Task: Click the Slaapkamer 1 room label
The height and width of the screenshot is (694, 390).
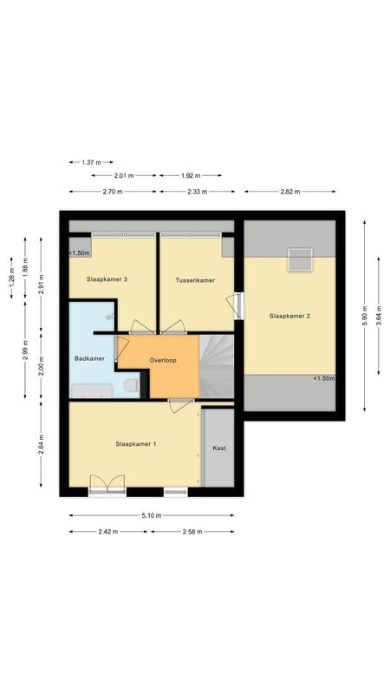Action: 135,443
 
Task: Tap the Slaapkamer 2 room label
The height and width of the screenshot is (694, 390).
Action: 289,316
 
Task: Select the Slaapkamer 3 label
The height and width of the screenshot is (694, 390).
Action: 107,279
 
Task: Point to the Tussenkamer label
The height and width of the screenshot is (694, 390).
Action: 195,280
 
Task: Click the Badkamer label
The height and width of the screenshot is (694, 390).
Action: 90,358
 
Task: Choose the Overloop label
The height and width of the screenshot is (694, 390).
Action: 163,360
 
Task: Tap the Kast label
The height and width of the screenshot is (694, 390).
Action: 219,448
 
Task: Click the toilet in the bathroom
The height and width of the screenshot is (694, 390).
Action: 132,385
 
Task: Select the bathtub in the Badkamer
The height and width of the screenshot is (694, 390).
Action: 93,391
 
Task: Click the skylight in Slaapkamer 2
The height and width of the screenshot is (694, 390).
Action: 300,259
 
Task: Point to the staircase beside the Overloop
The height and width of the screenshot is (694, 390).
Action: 217,366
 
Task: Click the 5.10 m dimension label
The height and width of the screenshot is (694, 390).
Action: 152,515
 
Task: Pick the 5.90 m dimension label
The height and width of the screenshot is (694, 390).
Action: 364,315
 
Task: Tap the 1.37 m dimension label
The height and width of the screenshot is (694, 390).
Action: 91,162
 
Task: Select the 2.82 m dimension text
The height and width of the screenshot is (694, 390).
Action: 290,192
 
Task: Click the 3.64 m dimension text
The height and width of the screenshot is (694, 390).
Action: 379,315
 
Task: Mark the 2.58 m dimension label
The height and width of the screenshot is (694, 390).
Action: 192,532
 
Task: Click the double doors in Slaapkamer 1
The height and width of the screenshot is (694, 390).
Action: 107,483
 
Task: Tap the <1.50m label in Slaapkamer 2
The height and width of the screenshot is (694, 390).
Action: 324,378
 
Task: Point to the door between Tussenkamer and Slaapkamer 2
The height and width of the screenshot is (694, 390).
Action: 235,305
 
